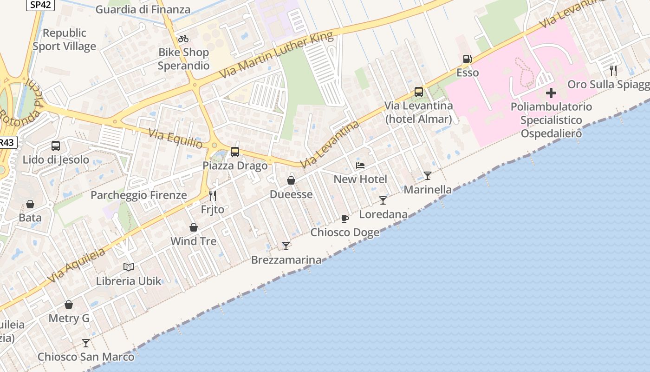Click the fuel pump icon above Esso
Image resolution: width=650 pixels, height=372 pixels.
pyautogui.click(x=467, y=59)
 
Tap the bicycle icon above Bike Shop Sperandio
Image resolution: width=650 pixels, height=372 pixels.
pyautogui.click(x=183, y=39)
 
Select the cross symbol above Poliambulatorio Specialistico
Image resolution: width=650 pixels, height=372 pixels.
pyautogui.click(x=551, y=93)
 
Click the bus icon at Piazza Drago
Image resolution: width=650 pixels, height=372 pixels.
pyautogui.click(x=235, y=152)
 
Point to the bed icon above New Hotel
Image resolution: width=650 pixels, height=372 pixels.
pyautogui.click(x=360, y=165)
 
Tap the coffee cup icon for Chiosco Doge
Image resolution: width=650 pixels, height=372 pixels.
pyautogui.click(x=344, y=218)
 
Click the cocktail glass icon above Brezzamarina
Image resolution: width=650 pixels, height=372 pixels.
pyautogui.click(x=286, y=246)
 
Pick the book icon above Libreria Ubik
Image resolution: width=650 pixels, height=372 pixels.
pyautogui.click(x=129, y=267)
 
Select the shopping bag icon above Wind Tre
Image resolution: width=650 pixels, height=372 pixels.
pyautogui.click(x=194, y=227)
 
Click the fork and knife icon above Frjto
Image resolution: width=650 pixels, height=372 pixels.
pyautogui.click(x=213, y=196)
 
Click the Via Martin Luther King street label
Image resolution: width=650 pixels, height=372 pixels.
pyautogui.click(x=277, y=55)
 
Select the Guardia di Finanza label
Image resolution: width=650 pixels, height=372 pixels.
pyautogui.click(x=143, y=9)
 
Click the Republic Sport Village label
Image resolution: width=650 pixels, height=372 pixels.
pyautogui.click(x=65, y=40)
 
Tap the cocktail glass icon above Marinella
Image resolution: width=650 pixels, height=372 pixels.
pyautogui.click(x=428, y=175)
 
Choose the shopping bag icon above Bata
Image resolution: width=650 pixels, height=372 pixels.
pyautogui.click(x=30, y=204)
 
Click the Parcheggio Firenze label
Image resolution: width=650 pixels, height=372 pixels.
pyautogui.click(x=139, y=195)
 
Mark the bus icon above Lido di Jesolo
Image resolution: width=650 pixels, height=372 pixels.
pyautogui.click(x=56, y=146)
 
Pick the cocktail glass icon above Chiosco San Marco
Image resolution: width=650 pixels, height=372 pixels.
pyautogui.click(x=86, y=343)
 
